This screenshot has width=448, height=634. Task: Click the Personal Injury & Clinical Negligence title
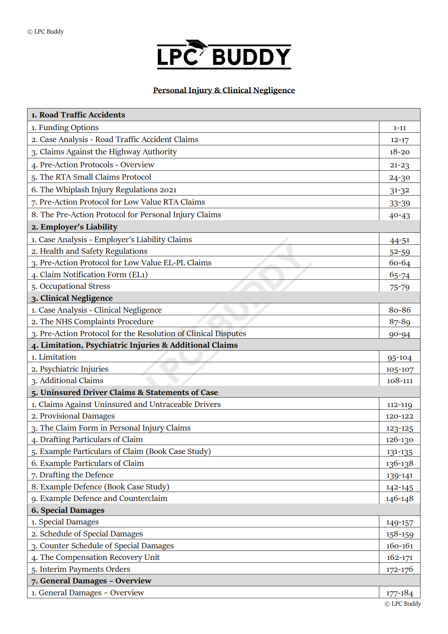pyautogui.click(x=224, y=90)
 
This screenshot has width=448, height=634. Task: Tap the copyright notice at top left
pyautogui.click(x=46, y=31)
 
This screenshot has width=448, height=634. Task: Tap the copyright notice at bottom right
pyautogui.click(x=403, y=604)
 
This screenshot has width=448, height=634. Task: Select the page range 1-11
pyautogui.click(x=400, y=128)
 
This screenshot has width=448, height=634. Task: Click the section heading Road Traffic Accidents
pyautogui.click(x=78, y=115)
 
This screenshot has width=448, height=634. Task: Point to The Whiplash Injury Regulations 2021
pyautogui.click(x=104, y=190)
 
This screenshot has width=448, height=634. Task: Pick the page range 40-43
pyautogui.click(x=400, y=215)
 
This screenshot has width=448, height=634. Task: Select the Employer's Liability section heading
pyautogui.click(x=74, y=227)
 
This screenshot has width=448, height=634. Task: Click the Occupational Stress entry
pyautogui.click(x=71, y=286)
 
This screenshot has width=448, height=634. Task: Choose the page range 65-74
pyautogui.click(x=400, y=275)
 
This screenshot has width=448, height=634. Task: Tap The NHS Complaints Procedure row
pyautogui.click(x=92, y=322)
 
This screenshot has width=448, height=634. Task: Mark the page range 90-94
pyautogui.click(x=400, y=334)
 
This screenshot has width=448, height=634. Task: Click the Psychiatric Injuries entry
pyautogui.click(x=70, y=369)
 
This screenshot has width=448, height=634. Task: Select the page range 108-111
pyautogui.click(x=400, y=381)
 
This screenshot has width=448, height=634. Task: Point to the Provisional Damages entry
pyautogui.click(x=73, y=416)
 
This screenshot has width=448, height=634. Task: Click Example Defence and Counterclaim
pyautogui.click(x=99, y=498)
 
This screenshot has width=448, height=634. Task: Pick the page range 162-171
pyautogui.click(x=400, y=557)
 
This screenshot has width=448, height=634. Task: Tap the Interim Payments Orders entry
pyautogui.click(x=81, y=569)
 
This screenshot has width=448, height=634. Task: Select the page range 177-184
pyautogui.click(x=400, y=593)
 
